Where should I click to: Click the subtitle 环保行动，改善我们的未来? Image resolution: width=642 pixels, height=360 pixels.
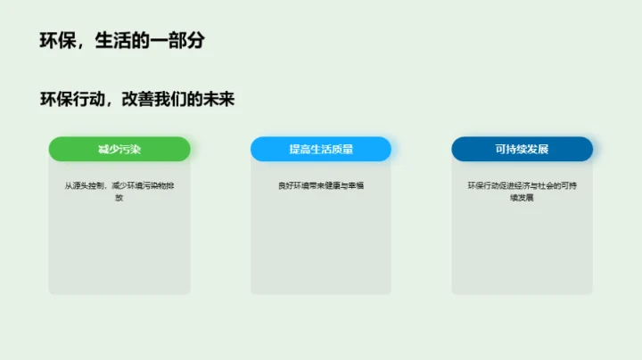point(136,99)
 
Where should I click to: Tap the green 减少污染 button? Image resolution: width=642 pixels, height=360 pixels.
point(119,149)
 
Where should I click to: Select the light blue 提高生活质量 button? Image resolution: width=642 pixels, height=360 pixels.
point(321,149)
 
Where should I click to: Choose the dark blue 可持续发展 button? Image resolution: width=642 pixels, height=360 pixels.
point(522,149)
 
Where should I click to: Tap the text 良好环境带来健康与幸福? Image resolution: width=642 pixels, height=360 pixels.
point(321,186)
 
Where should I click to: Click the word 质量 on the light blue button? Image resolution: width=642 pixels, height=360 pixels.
point(342,149)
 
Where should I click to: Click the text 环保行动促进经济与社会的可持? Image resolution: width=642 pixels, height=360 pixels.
point(522,186)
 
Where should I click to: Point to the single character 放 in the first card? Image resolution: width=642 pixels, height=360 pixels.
point(119,198)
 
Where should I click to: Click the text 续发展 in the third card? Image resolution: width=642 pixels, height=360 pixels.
point(522,198)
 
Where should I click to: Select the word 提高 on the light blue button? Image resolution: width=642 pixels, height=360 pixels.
point(300,149)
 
